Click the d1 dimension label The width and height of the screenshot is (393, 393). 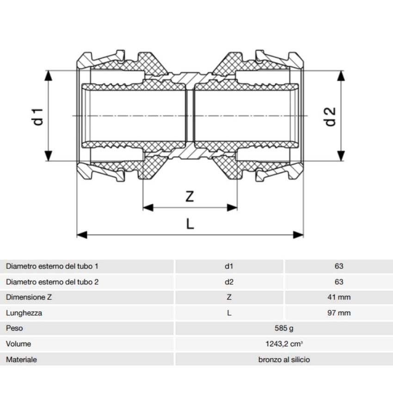coord(39,116)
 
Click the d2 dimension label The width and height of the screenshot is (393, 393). coord(330,116)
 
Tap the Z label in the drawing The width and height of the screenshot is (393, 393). coord(190,196)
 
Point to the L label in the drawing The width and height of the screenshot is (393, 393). coord(190,224)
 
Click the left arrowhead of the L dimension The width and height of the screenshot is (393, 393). coord(81,235)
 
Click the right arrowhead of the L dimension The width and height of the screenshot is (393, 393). coord(299,235)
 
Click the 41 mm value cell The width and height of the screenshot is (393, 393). coord(338,297)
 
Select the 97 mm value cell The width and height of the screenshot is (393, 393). coord(338,313)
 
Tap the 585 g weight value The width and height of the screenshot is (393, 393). coord(283,328)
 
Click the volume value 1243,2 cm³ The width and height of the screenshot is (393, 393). coord(283,344)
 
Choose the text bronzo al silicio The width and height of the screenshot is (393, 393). coord(283,359)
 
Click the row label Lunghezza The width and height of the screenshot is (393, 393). coord(24,313)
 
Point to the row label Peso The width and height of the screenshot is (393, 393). coord(15,328)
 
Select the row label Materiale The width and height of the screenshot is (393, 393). coord(21,359)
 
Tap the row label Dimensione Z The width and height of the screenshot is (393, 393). coord(29,297)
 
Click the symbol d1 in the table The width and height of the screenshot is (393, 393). coord(229,266)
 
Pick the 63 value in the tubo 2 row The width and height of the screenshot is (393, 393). coord(338,282)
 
